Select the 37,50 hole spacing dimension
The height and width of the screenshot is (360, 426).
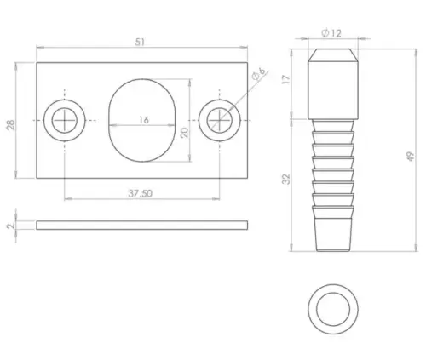point(141,193)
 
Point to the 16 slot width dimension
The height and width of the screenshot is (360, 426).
point(142,120)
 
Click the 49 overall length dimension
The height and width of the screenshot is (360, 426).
point(411,155)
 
